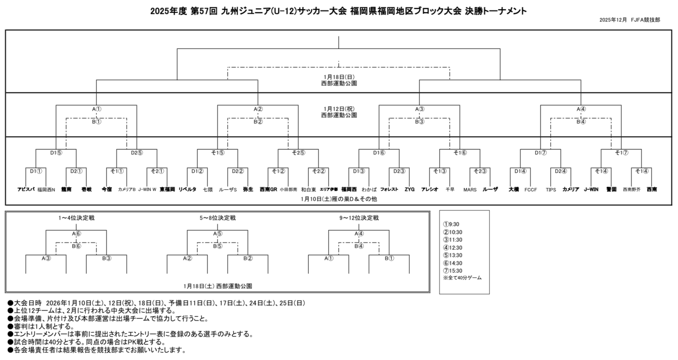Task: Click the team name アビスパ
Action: (x=26, y=189)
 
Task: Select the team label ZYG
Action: (x=409, y=189)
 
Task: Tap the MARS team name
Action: (x=470, y=190)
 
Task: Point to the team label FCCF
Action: (x=530, y=190)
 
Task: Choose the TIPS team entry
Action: (x=551, y=190)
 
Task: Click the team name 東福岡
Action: (x=167, y=189)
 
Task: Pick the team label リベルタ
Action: (x=187, y=189)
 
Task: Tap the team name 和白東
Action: (x=308, y=190)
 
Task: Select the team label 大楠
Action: (x=513, y=189)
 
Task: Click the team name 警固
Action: (x=611, y=189)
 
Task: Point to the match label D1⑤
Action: (x=56, y=153)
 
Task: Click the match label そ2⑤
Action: (x=298, y=153)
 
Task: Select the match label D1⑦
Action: (x=541, y=153)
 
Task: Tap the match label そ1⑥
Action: (x=460, y=153)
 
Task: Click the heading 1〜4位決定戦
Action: (x=76, y=218)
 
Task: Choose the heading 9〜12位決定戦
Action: (x=359, y=218)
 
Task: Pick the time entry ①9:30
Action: (x=451, y=225)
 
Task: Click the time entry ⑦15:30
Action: (x=453, y=271)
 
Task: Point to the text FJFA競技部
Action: (x=645, y=20)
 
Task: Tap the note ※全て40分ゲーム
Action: (x=462, y=278)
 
